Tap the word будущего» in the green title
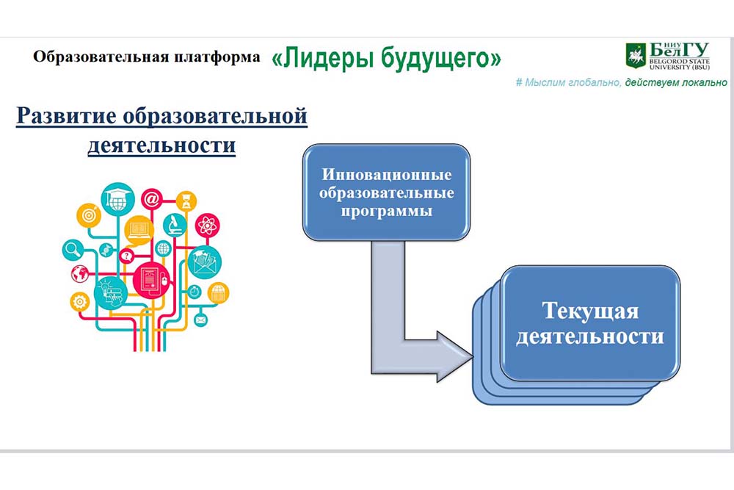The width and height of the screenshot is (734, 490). click(x=441, y=59)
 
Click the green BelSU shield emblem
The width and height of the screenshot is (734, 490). click(x=636, y=56)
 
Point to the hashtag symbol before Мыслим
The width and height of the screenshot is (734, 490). click(x=519, y=83)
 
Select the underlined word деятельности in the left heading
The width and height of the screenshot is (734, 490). click(x=161, y=145)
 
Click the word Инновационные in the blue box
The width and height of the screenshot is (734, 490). click(x=387, y=174)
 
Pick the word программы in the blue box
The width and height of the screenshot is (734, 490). click(x=387, y=211)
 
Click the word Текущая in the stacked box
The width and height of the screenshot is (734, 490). click(x=590, y=311)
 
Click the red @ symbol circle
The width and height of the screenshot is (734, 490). click(x=152, y=199)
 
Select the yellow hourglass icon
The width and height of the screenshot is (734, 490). click(x=186, y=201)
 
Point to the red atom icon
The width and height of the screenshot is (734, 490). click(x=207, y=226)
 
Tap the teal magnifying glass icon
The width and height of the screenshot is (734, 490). click(x=73, y=250)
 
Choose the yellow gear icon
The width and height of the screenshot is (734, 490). click(x=79, y=302)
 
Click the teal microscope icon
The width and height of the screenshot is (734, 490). click(x=175, y=225)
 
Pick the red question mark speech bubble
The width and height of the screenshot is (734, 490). click(x=126, y=256)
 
